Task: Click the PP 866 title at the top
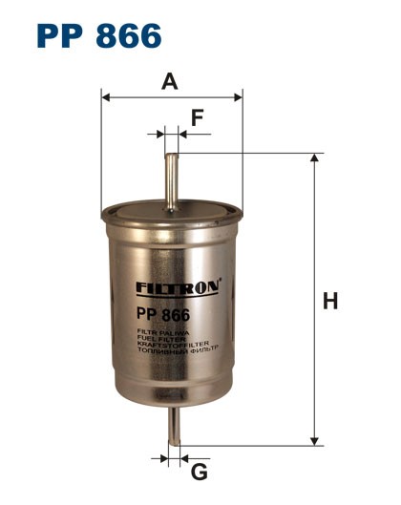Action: tap(98, 35)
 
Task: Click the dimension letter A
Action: tap(170, 81)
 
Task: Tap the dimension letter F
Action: tap(198, 117)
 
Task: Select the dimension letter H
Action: tap(330, 302)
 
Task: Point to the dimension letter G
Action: tap(200, 472)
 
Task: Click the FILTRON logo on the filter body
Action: tap(179, 286)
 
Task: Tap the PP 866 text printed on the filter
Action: tap(162, 314)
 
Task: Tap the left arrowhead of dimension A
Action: tap(106, 96)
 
